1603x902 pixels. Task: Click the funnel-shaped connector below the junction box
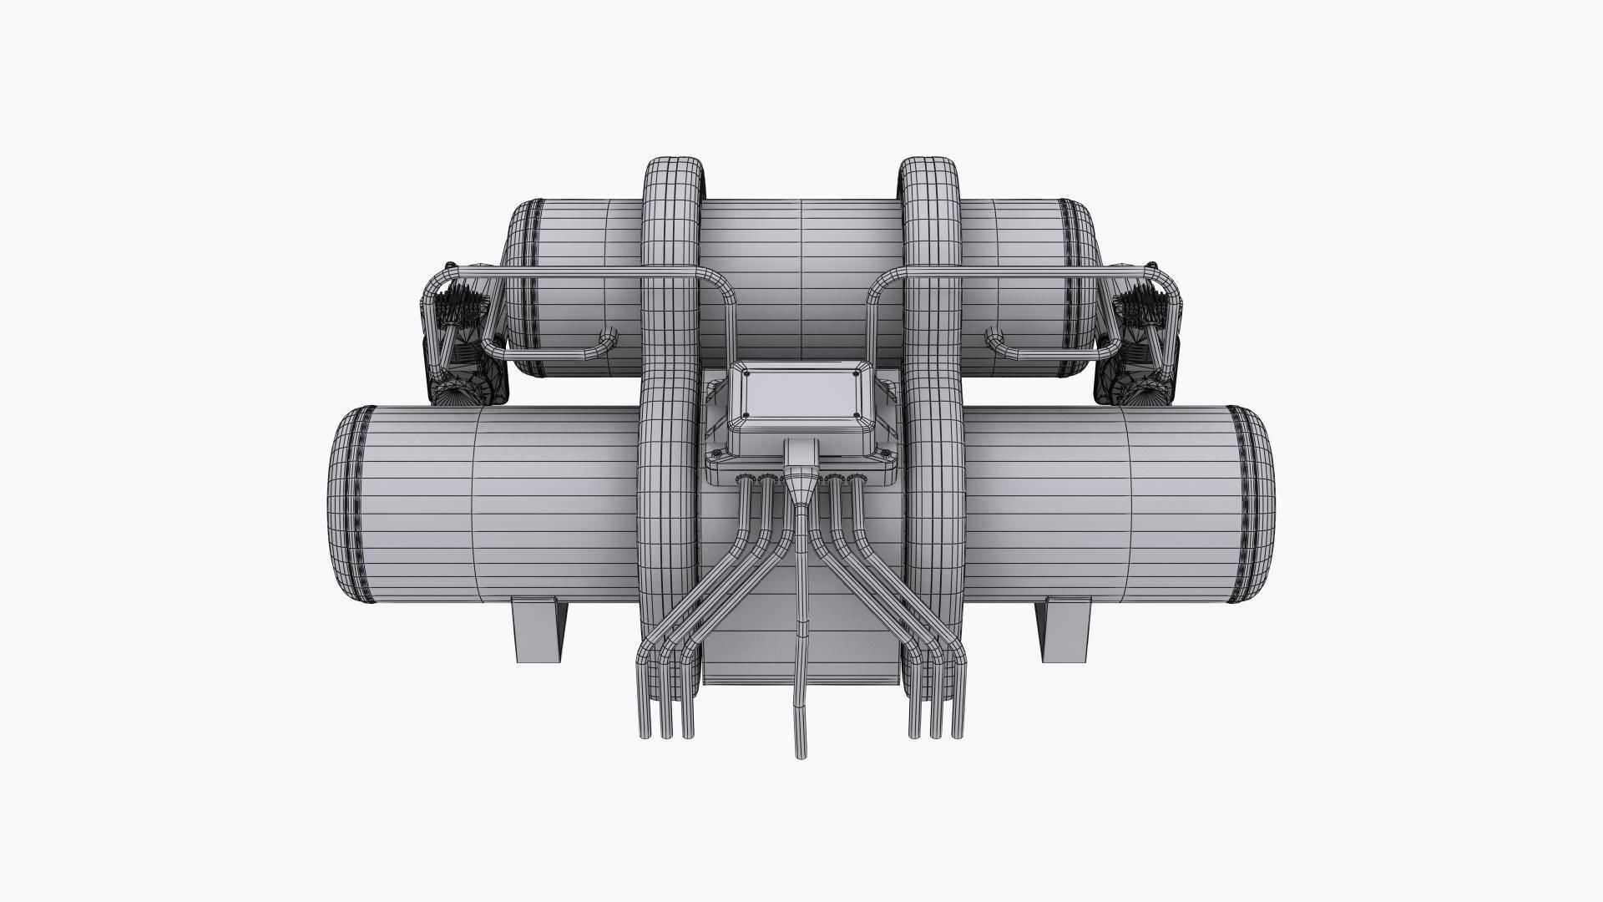[x=800, y=488]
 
